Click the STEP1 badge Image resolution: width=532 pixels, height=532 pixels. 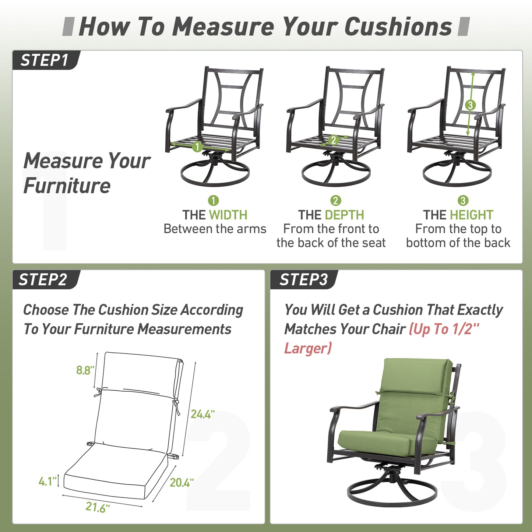[x=46, y=60]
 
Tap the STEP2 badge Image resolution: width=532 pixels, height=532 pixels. [x=46, y=280]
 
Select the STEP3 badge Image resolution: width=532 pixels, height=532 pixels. [x=304, y=280]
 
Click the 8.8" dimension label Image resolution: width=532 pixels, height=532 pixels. [x=85, y=370]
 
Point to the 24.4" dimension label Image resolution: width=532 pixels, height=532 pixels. [x=202, y=414]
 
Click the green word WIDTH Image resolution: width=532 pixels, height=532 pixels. [x=228, y=215]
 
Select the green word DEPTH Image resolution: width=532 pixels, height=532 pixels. [x=344, y=215]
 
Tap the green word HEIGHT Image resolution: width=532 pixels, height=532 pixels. [x=471, y=215]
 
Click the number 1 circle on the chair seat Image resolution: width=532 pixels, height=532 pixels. [x=197, y=147]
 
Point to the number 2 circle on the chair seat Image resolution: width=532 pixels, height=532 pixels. [x=334, y=140]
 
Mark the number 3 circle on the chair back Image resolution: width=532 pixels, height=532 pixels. [x=470, y=105]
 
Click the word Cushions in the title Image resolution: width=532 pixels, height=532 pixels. [x=398, y=27]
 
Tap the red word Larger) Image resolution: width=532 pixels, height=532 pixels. [x=308, y=348]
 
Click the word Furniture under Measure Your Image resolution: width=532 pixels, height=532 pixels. [x=67, y=186]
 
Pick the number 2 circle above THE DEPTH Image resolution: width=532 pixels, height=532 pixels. [x=335, y=201]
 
